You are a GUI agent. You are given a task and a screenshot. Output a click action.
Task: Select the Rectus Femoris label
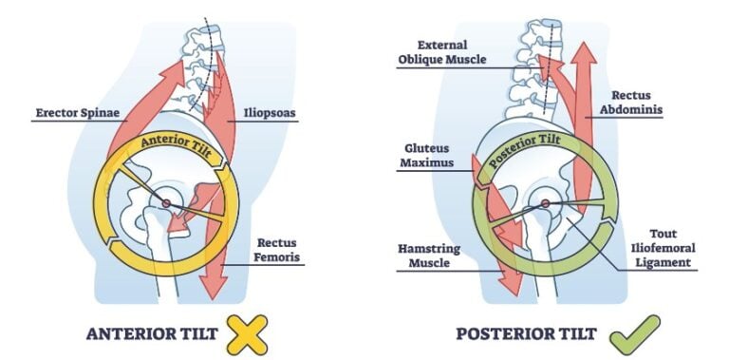tap(277, 249)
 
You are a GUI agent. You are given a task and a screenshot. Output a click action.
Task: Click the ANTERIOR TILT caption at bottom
tap(150, 334)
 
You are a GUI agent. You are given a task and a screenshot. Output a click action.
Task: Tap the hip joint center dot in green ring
tap(546, 202)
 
